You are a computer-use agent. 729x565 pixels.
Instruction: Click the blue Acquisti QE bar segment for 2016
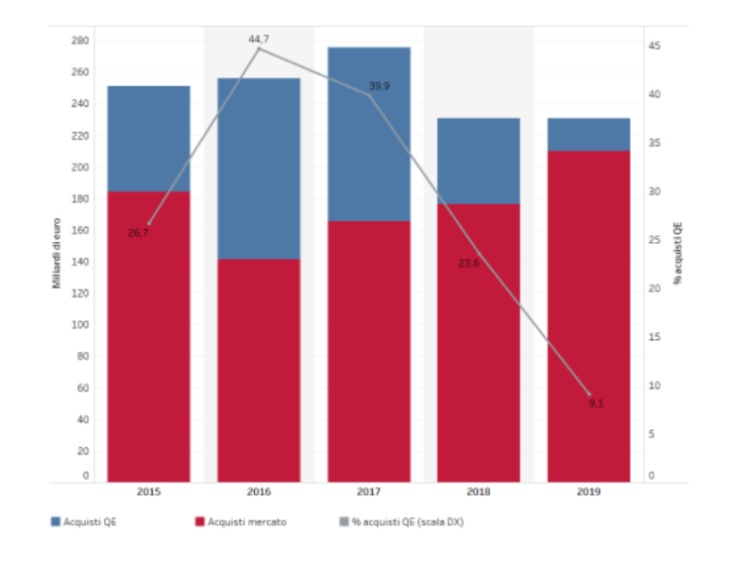pyautogui.click(x=259, y=169)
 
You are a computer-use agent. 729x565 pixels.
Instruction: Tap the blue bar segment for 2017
pyautogui.click(x=368, y=134)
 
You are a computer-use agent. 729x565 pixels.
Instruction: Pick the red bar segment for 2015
pyautogui.click(x=149, y=337)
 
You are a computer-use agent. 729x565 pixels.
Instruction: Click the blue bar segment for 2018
pyautogui.click(x=478, y=161)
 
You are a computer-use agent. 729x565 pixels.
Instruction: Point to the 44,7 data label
pyautogui.click(x=259, y=39)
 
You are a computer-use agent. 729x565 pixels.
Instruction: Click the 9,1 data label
pyautogui.click(x=595, y=403)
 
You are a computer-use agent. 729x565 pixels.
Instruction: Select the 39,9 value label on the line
pyautogui.click(x=379, y=87)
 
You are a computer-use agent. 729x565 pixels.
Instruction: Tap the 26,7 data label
pyautogui.click(x=138, y=232)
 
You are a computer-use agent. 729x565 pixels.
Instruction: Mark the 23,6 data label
pyautogui.click(x=469, y=263)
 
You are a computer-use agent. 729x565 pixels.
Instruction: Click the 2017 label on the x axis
pyautogui.click(x=368, y=493)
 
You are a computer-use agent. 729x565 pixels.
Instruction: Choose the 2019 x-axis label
pyautogui.click(x=588, y=493)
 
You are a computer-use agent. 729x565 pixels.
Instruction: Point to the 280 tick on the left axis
pyautogui.click(x=79, y=41)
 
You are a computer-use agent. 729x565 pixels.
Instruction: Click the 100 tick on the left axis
pyautogui.click(x=79, y=325)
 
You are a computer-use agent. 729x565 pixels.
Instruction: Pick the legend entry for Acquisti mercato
pyautogui.click(x=241, y=521)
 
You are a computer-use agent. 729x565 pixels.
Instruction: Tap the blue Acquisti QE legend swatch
pyautogui.click(x=55, y=521)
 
